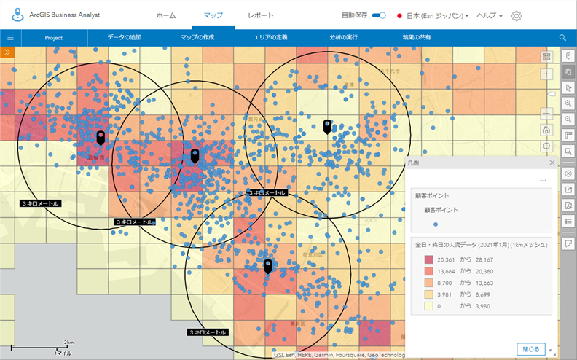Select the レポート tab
[261, 15]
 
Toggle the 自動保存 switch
[379, 15]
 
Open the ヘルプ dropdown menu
[489, 15]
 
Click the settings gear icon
[517, 16]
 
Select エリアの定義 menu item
[270, 37]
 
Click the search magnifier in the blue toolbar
[562, 37]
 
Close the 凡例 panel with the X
[552, 164]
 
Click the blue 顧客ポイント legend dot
[436, 224]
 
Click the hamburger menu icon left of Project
[10, 37]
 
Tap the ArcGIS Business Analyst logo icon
[9, 15]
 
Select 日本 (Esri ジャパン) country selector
[433, 15]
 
